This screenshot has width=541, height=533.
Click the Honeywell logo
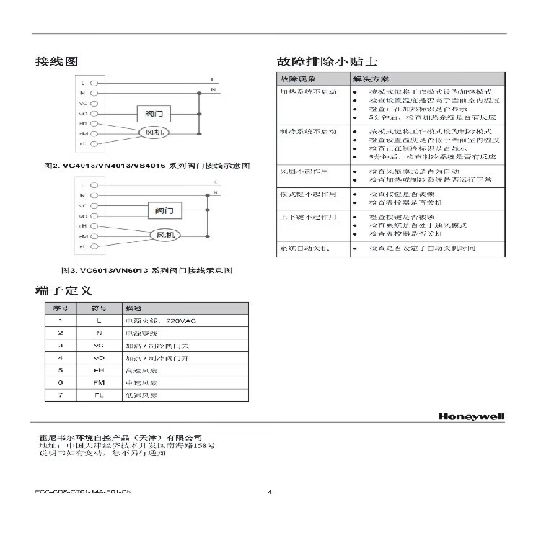click(x=471, y=416)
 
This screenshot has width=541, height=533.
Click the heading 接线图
click(x=56, y=62)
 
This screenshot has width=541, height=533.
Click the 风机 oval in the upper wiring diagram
click(x=155, y=133)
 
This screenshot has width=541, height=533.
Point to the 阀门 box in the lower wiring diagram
click(x=164, y=211)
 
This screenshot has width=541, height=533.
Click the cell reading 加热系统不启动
click(x=308, y=94)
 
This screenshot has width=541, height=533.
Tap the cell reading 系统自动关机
click(x=304, y=248)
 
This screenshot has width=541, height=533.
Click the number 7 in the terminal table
click(x=61, y=395)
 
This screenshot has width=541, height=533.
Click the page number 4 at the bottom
click(x=270, y=493)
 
